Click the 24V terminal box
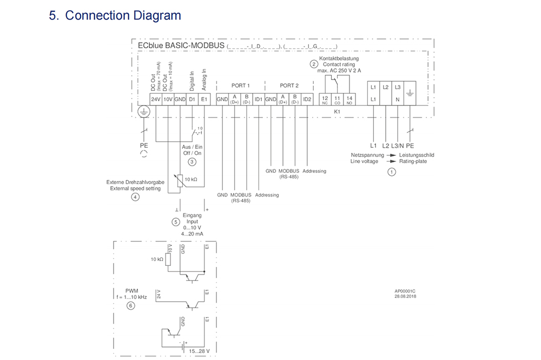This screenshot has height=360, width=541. tap(156, 99)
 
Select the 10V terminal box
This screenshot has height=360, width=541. tap(168, 99)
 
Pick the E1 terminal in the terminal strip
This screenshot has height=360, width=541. tap(204, 99)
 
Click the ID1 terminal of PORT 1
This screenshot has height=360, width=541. tap(259, 99)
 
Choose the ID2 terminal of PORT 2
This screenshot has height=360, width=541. tap(307, 99)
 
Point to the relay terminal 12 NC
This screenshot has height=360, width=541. tap(325, 99)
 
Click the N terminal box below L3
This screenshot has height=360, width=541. tap(398, 99)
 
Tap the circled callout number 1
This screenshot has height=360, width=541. tap(392, 172)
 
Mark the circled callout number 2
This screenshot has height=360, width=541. tap(313, 64)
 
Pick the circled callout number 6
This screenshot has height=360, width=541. tap(130, 306)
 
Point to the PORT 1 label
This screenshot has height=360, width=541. tap(240, 86)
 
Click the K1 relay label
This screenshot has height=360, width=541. tap(337, 111)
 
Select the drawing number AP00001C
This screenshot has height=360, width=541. tap(405, 291)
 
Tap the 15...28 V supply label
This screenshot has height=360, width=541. tap(198, 351)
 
